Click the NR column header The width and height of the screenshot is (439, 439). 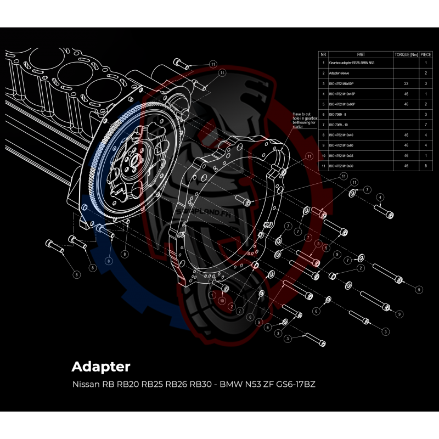[324, 55]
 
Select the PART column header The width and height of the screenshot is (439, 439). [361, 55]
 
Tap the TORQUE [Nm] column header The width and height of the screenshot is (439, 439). [407, 55]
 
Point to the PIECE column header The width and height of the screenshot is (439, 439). [426, 55]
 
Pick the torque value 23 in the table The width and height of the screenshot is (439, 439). [406, 83]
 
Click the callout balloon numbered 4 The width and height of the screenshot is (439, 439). [379, 196]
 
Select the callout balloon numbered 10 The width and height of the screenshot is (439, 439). [221, 301]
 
